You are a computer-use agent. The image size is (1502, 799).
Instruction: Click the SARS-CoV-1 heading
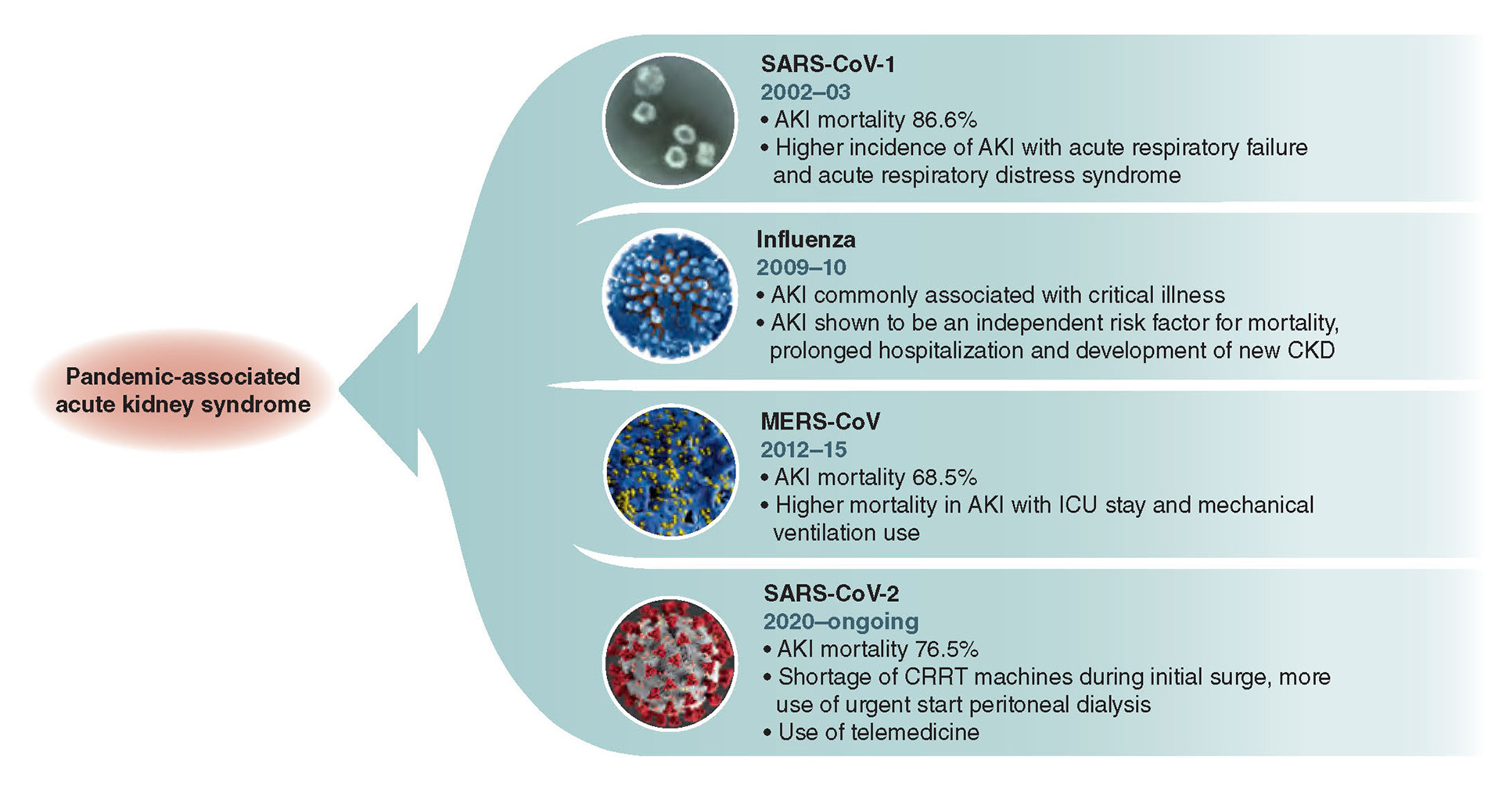pyautogui.click(x=828, y=64)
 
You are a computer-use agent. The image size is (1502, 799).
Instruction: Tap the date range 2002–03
pyautogui.click(x=805, y=92)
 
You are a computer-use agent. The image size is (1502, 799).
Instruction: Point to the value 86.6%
pyautogui.click(x=944, y=120)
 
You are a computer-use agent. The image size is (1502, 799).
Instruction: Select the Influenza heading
pyautogui.click(x=806, y=239)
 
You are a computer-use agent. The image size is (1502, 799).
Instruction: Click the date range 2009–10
pyautogui.click(x=801, y=268)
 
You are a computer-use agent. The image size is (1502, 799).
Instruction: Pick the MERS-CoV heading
pyautogui.click(x=820, y=422)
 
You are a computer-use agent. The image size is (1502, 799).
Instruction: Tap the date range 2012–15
pyautogui.click(x=803, y=450)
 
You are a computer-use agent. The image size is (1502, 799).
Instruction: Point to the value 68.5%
pyautogui.click(x=944, y=477)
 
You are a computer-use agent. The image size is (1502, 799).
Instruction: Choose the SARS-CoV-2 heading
pyautogui.click(x=831, y=594)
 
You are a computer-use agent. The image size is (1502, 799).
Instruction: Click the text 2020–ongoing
pyautogui.click(x=841, y=621)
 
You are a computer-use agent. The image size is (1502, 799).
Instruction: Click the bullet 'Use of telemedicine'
pyautogui.click(x=878, y=732)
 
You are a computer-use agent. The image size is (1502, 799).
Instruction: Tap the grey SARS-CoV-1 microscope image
pyautogui.click(x=670, y=121)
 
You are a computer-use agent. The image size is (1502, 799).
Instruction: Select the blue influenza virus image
pyautogui.click(x=670, y=296)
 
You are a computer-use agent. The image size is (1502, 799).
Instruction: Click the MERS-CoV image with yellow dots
pyautogui.click(x=671, y=471)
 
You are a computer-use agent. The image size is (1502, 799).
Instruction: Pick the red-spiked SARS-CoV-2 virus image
pyautogui.click(x=670, y=664)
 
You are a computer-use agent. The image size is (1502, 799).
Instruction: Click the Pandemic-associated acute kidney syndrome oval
pyautogui.click(x=182, y=391)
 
